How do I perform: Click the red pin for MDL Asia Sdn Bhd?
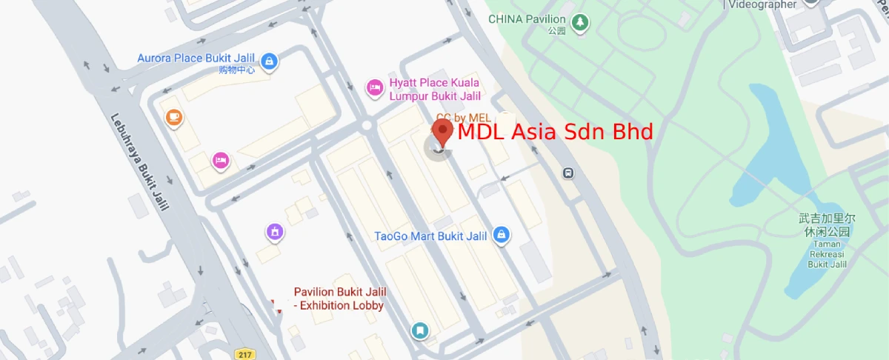[x=443, y=133]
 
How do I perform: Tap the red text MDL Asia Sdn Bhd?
[x=555, y=133]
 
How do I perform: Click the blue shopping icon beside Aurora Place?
[x=270, y=60]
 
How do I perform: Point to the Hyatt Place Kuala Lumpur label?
[x=434, y=89]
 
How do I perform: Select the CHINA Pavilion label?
[x=527, y=19]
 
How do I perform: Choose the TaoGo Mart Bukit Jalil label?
[x=430, y=236]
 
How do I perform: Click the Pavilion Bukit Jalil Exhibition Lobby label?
[x=339, y=299]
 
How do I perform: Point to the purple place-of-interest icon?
[x=275, y=233]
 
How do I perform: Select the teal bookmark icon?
[x=420, y=330]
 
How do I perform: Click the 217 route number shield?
[x=244, y=354]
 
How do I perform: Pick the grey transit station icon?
[x=567, y=173]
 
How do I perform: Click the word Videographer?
[x=765, y=4]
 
